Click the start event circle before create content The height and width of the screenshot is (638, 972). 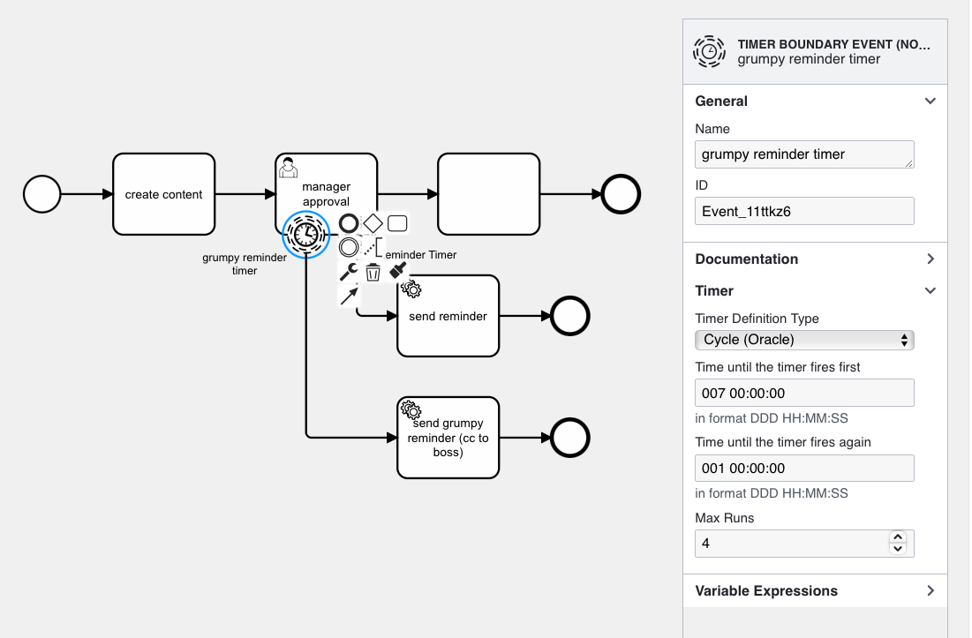point(41,194)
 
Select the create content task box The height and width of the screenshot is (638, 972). point(163,194)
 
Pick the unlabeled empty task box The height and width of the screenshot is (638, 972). point(488,194)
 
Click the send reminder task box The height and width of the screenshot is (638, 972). point(448,316)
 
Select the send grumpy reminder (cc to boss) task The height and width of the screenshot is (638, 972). point(448,438)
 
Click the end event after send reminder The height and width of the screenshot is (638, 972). point(569,316)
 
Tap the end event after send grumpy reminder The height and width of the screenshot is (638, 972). point(569,438)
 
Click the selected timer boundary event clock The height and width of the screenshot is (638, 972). point(305,235)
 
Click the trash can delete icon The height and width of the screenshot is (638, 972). point(373,272)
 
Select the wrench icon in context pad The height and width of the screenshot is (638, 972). point(349,272)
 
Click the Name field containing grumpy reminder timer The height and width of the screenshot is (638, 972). point(804,154)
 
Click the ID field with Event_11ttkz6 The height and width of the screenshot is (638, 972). point(804,211)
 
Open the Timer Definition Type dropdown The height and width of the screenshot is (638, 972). point(804,340)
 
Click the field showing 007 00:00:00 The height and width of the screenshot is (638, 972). point(804,393)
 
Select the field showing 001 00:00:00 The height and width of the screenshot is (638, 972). point(804,468)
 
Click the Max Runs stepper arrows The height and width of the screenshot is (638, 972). point(898,543)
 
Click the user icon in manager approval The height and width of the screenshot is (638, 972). point(287,167)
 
